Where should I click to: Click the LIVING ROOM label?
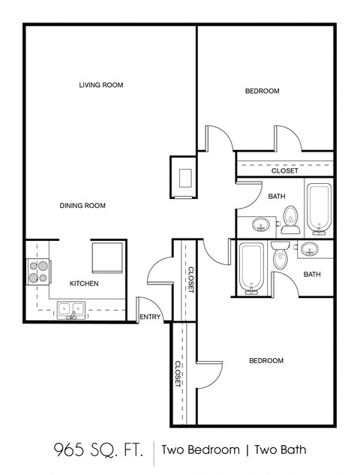click(x=100, y=85)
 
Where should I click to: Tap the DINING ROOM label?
click(x=82, y=205)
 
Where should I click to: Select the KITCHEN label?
click(x=84, y=284)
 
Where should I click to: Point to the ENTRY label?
click(x=150, y=317)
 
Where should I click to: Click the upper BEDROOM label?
click(x=262, y=91)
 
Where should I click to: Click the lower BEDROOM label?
click(x=265, y=361)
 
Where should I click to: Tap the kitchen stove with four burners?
click(x=37, y=271)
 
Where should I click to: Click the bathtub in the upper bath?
click(x=319, y=206)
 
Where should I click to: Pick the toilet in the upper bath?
click(x=291, y=217)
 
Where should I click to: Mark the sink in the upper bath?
click(x=262, y=224)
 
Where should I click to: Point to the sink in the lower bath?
click(x=311, y=249)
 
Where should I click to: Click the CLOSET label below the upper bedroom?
click(x=284, y=171)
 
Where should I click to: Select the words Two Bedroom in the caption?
click(x=203, y=450)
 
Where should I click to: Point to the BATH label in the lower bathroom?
click(x=312, y=275)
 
